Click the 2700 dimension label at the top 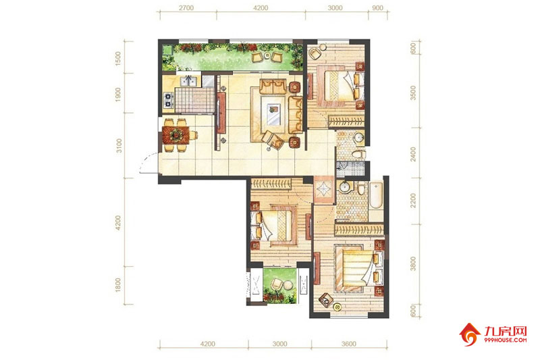point(186,8)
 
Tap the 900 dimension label point(378,8)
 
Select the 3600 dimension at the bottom point(349,344)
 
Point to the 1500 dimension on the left point(119,59)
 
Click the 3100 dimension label point(119,146)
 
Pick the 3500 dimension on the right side point(413,93)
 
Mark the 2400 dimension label point(413,154)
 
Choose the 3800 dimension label point(413,263)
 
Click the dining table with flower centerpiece point(176,135)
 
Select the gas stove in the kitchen point(168,99)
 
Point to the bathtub point(376,195)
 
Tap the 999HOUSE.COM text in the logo point(505,340)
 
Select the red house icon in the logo point(470,334)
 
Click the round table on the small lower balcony point(288,286)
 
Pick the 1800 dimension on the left point(119,285)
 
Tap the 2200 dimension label point(413,201)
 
